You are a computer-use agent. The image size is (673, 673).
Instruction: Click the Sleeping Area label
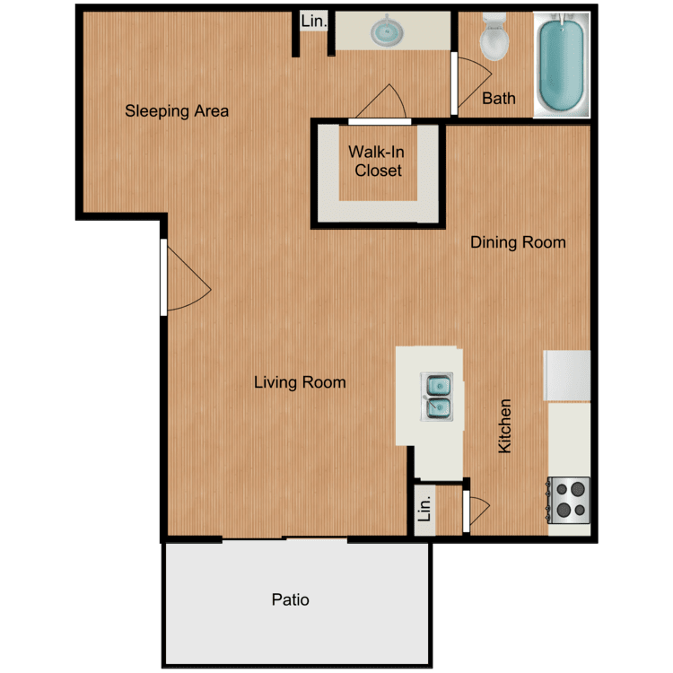[177, 111]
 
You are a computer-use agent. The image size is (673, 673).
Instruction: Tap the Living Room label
[300, 382]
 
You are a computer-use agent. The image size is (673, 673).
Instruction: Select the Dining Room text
[519, 242]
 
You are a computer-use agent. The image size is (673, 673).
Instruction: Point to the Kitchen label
[505, 426]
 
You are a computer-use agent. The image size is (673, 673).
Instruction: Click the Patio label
[291, 599]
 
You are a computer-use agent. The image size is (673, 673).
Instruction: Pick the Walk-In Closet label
[378, 162]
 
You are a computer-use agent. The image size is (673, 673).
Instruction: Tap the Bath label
[499, 98]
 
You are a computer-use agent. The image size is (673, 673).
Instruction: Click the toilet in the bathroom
[494, 36]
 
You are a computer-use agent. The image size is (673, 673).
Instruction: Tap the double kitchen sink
[438, 397]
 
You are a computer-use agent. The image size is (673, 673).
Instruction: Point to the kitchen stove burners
[570, 500]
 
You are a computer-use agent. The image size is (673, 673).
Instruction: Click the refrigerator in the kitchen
[567, 375]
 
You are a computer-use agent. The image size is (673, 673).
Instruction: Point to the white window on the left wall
[162, 277]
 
